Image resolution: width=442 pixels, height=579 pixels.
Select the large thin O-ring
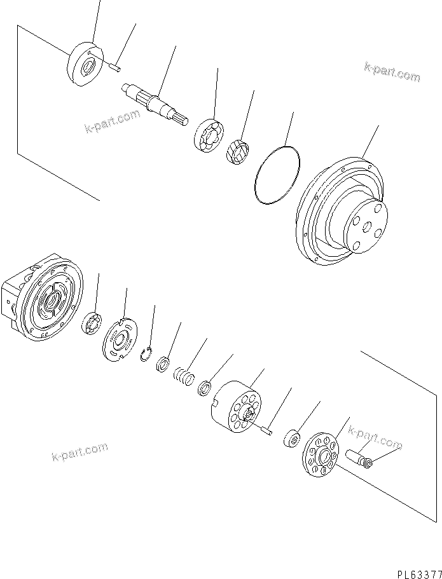277,175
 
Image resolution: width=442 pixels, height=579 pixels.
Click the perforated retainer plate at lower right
321,455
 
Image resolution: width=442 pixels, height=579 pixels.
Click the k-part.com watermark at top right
392,72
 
